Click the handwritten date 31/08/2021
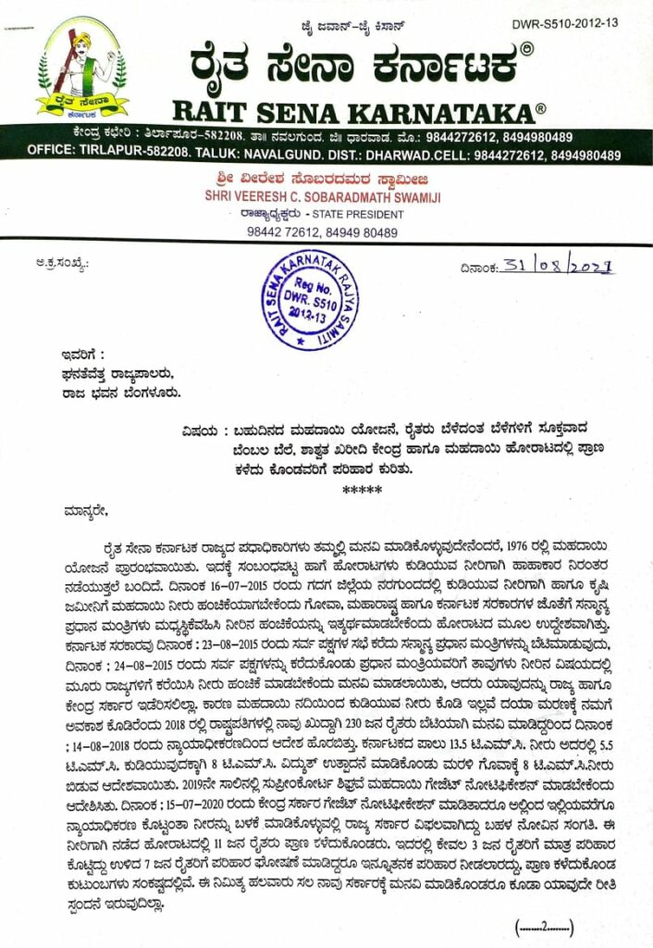pos(558,268)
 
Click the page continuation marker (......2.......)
pos(545,925)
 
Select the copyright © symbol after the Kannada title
pos(525,48)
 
